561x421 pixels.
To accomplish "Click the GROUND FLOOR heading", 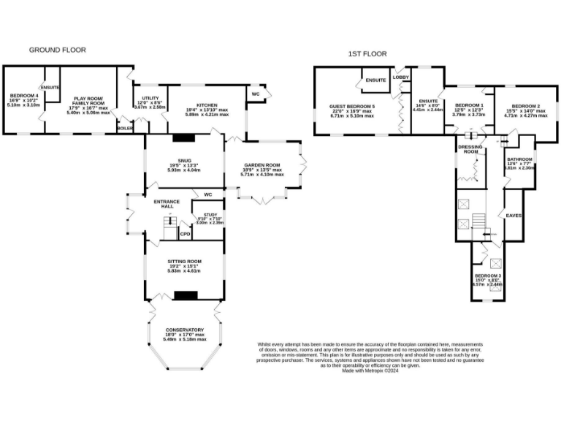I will click(x=57, y=50).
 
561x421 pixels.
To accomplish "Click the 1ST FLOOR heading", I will click(x=367, y=54).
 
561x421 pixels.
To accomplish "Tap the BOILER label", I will click(x=125, y=129).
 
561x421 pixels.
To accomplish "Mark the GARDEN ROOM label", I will click(x=264, y=165).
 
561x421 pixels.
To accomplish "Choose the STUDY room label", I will click(x=211, y=214).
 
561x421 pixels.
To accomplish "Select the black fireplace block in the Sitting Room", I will click(x=187, y=295).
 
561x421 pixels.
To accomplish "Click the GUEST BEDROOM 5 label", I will click(x=352, y=107).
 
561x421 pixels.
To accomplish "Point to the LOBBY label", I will click(x=400, y=77).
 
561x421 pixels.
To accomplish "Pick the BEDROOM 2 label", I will click(x=526, y=106).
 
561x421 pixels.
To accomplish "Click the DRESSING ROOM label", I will click(x=470, y=149).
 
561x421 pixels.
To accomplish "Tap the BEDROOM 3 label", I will click(x=488, y=275).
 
